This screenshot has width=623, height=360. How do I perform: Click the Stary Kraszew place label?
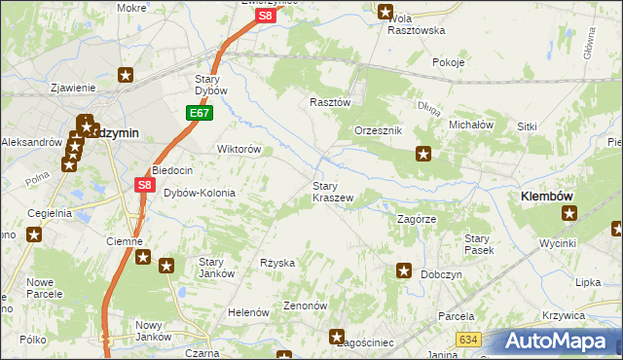click(x=332, y=191)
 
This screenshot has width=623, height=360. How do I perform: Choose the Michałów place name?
click(x=471, y=125)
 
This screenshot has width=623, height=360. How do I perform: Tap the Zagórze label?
click(x=421, y=219)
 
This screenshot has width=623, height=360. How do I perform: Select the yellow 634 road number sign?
click(x=469, y=339)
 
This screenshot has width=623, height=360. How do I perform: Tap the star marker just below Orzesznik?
click(x=423, y=153)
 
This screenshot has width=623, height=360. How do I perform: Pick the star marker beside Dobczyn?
click(x=404, y=271)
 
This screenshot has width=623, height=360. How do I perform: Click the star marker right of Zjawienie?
click(x=126, y=74)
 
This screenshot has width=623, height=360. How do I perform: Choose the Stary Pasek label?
click(x=478, y=244)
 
